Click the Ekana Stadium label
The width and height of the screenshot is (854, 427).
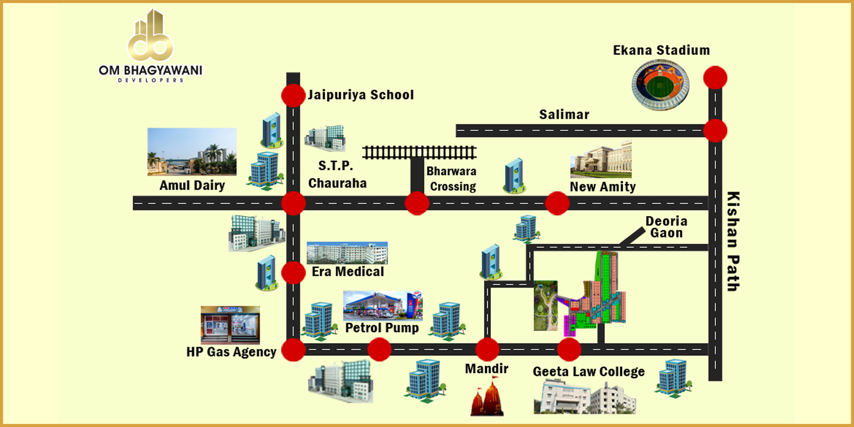pos(661,51)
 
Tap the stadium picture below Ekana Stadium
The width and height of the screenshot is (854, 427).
pos(660,85)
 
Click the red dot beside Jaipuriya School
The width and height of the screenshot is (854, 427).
pos(293,95)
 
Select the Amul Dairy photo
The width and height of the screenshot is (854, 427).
pos(192,152)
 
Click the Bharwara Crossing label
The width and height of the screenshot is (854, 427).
pos(452,179)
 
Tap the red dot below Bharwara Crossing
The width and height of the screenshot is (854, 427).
pos(417,203)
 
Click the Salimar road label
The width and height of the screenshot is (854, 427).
pos(564,115)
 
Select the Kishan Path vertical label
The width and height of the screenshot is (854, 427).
pos(732,241)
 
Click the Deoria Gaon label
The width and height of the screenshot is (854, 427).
pos(666,227)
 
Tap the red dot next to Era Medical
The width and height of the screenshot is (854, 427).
pos(293,273)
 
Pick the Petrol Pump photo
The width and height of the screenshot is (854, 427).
pos(383,306)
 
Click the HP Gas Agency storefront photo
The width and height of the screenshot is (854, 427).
pos(230,325)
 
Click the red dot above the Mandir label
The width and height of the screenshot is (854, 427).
pos(487,349)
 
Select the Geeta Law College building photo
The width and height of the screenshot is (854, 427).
pos(584,397)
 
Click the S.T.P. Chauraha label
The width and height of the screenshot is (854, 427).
pos(337,175)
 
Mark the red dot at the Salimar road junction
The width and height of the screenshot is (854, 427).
pos(715,130)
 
